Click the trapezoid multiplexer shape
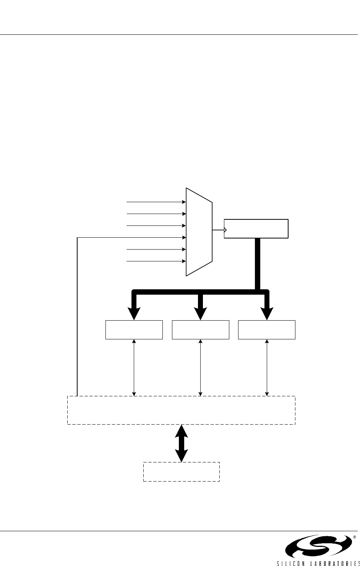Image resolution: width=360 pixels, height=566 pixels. [x=199, y=232]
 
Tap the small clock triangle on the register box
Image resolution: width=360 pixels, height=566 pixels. [x=225, y=230]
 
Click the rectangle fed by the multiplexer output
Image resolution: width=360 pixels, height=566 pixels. [x=256, y=229]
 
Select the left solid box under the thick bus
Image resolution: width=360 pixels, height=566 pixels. [x=134, y=330]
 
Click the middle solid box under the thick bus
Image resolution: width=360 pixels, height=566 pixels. [x=201, y=330]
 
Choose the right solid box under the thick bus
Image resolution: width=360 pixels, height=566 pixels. [x=267, y=330]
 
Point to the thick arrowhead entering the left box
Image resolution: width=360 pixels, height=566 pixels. [x=134, y=312]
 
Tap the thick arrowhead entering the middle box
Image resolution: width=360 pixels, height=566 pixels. [x=200, y=312]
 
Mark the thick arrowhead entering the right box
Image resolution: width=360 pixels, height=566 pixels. [x=267, y=312]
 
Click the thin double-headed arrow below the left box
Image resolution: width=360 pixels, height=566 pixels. [x=134, y=367]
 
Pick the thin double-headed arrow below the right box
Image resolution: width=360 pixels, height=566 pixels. [x=267, y=367]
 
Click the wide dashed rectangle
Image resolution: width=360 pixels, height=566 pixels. [x=181, y=410]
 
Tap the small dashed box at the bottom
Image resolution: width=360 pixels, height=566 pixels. [x=181, y=472]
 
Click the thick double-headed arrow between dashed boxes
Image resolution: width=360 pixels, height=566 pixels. [x=182, y=443]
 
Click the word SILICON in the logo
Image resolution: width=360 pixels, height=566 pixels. [x=291, y=562]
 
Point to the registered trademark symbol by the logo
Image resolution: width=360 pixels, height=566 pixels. [x=354, y=537]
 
